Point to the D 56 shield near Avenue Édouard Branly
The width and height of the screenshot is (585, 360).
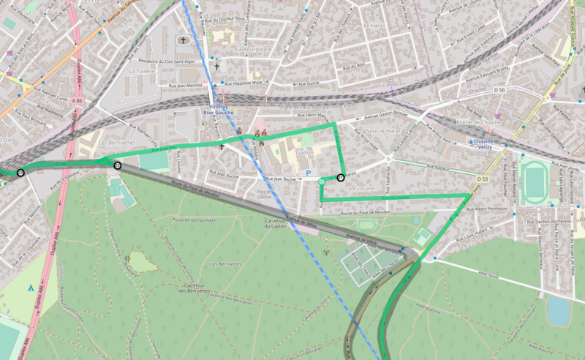[499, 89]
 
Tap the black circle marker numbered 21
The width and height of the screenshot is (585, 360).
[341, 177]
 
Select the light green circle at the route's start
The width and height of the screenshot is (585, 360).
[322, 181]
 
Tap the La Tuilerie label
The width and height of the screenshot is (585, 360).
[143, 72]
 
